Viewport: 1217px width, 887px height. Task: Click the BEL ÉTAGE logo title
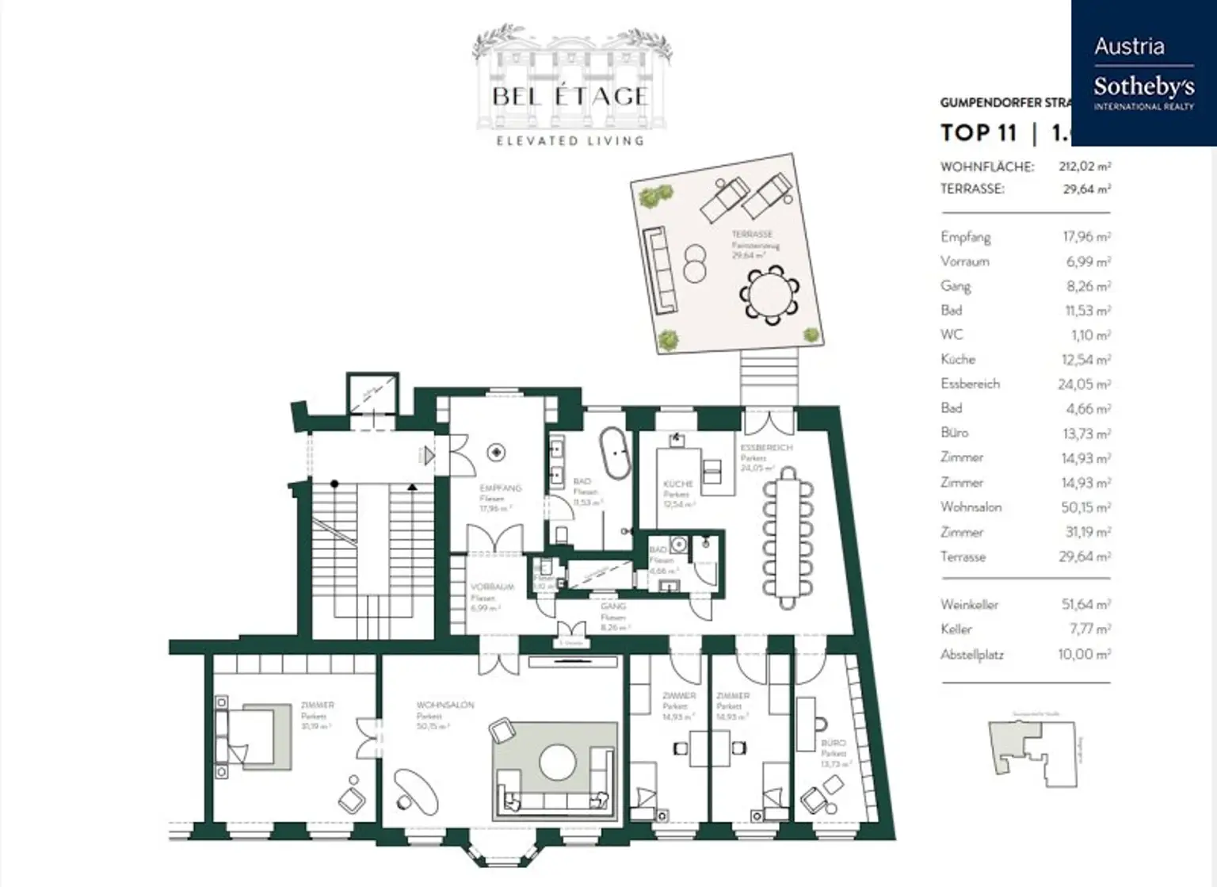click(x=570, y=97)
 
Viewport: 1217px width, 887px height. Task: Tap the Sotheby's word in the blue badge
click(x=1143, y=86)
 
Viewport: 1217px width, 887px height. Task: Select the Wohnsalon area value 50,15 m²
click(x=1085, y=507)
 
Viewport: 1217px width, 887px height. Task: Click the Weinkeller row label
click(x=969, y=605)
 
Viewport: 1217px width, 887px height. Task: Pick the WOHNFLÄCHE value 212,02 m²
click(x=1084, y=167)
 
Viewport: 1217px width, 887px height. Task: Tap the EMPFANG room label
click(x=500, y=488)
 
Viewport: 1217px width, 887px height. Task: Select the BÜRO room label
click(x=833, y=744)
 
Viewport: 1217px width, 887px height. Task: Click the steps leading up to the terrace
click(x=768, y=378)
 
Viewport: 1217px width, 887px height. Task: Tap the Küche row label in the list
click(x=958, y=360)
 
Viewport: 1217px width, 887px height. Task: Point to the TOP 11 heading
click(x=978, y=133)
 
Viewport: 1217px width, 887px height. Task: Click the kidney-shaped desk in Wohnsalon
click(x=415, y=788)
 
